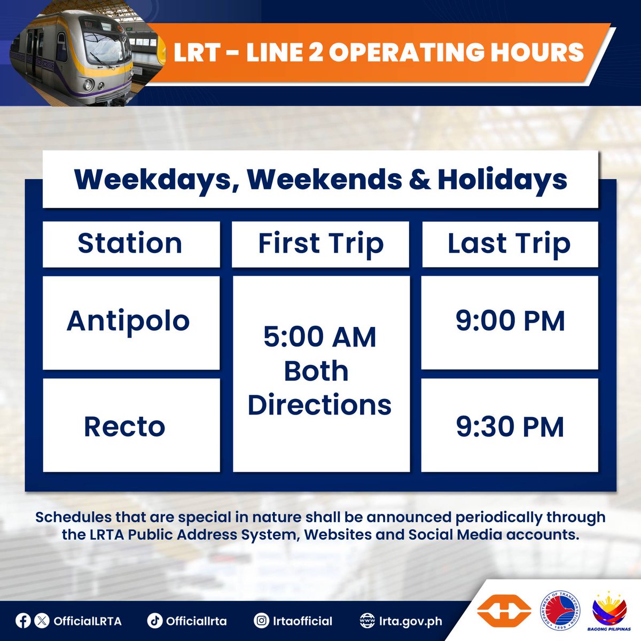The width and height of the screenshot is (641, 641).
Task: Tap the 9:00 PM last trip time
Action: tap(510, 322)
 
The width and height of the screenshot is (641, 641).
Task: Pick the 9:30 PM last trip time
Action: tap(510, 427)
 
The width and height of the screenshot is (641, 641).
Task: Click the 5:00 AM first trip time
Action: tap(320, 337)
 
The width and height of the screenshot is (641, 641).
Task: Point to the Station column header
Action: tap(130, 244)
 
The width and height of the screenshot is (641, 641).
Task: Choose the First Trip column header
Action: tap(320, 244)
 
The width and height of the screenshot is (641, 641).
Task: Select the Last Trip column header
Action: tap(509, 244)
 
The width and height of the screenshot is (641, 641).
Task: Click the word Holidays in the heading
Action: tap(502, 179)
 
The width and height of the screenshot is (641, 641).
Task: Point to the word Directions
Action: tap(319, 405)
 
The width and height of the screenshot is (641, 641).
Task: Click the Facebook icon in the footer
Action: tap(23, 621)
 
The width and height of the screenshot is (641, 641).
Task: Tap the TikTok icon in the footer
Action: tap(154, 621)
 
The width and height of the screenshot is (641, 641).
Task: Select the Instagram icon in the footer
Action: tap(261, 621)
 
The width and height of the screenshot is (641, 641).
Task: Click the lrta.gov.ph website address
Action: tap(410, 621)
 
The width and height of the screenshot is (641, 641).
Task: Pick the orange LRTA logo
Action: tap(504, 611)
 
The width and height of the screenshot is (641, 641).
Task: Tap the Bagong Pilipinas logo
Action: tap(609, 609)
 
